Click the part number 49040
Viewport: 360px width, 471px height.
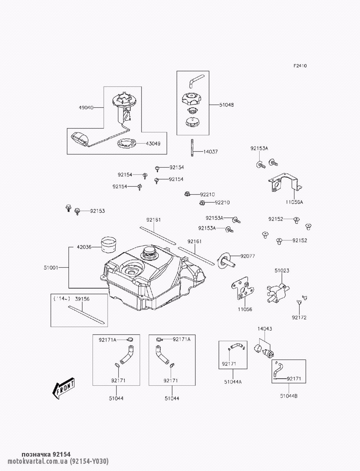(86, 107)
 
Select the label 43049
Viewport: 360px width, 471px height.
(153, 143)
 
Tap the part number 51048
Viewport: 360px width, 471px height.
(226, 105)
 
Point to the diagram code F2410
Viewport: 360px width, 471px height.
(300, 66)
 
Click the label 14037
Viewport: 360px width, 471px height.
(211, 152)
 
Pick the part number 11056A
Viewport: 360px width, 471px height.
(294, 202)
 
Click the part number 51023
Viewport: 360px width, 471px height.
(282, 270)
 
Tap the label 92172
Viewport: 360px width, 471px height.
(299, 318)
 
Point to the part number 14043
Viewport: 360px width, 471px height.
(265, 329)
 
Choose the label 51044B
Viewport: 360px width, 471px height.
(289, 396)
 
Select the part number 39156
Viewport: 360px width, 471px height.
(82, 298)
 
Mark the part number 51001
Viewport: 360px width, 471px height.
(51, 267)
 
